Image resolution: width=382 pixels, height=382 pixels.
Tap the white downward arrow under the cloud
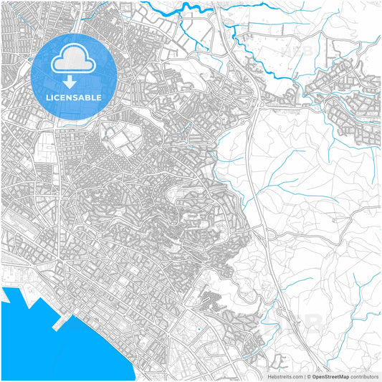point(74,82)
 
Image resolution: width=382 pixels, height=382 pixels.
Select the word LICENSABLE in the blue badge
point(74,97)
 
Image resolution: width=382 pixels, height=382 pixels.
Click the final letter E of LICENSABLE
point(99,97)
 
